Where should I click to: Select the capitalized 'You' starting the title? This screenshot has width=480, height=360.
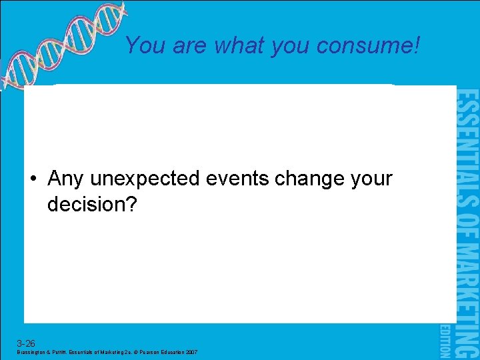(x=143, y=45)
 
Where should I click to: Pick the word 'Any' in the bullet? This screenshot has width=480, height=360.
(x=65, y=179)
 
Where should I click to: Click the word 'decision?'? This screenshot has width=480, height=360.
(x=92, y=204)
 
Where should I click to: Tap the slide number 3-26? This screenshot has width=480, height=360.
(x=26, y=343)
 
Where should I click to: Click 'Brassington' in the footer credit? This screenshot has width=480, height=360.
(x=31, y=353)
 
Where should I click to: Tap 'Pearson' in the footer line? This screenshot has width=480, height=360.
(x=147, y=353)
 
